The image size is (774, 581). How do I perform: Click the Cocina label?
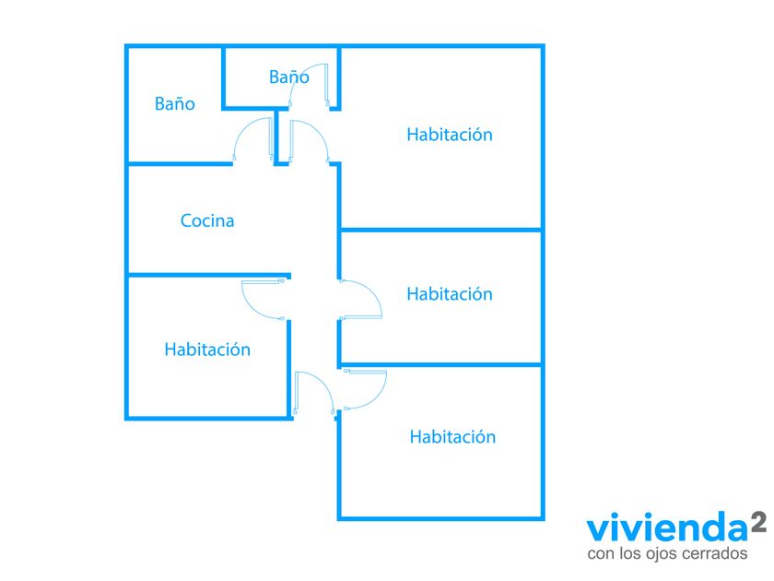point(207,220)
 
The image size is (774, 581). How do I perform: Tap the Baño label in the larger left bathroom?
point(175,103)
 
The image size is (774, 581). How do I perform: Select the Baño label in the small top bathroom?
point(289,77)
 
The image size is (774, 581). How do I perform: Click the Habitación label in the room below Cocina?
point(207,350)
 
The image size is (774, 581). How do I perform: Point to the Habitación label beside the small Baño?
point(450,135)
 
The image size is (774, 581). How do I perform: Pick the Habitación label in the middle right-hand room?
point(450,294)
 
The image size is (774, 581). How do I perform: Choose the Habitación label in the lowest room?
point(452,437)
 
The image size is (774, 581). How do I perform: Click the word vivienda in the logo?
point(667,528)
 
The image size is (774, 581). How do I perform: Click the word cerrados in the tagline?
point(715,552)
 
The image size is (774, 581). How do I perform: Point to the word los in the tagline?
point(627,552)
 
